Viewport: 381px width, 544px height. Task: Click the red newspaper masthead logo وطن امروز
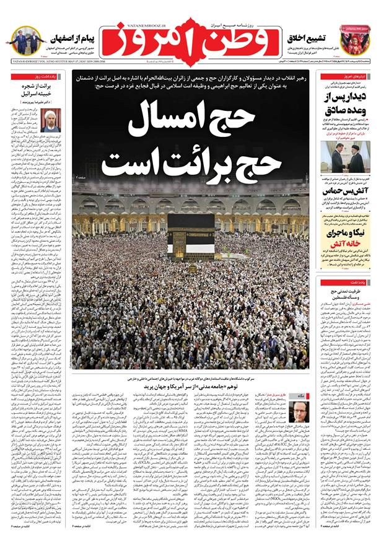(189, 40)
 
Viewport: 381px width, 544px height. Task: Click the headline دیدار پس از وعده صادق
(346, 103)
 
